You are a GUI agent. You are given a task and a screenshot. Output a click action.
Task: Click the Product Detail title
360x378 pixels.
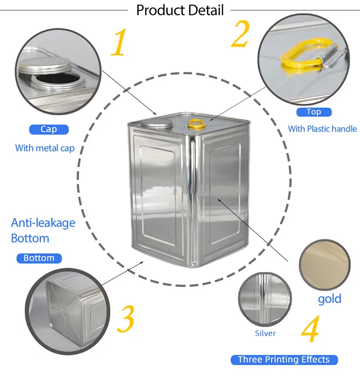pyautogui.click(x=180, y=10)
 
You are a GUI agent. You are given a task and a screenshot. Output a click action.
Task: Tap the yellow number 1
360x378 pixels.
pyautogui.click(x=119, y=42)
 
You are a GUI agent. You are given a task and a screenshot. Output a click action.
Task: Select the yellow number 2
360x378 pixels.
pyautogui.click(x=240, y=34)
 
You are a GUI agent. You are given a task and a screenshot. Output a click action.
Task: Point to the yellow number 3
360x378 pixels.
pyautogui.click(x=126, y=319)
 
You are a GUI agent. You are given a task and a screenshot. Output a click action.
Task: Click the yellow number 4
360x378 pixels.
pyautogui.click(x=311, y=329)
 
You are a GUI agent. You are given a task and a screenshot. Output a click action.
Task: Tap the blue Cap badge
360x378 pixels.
pyautogui.click(x=49, y=130)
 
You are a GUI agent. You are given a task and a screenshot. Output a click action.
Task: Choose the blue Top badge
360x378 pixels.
pyautogui.click(x=314, y=112)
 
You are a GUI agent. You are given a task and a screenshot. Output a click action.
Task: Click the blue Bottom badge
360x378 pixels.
pyautogui.click(x=39, y=258)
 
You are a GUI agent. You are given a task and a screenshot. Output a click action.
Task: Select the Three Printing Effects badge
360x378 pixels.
pyautogui.click(x=284, y=360)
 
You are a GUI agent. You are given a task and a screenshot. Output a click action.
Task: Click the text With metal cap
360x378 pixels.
pyautogui.click(x=45, y=148)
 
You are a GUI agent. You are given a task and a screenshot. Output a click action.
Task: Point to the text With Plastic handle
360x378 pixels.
pyautogui.click(x=323, y=129)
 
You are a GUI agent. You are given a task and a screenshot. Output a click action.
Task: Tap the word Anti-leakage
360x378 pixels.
pyautogui.click(x=43, y=223)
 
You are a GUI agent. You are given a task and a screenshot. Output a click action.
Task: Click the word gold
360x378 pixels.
pyautogui.click(x=330, y=299)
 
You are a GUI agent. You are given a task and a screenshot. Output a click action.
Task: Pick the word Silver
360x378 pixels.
pyautogui.click(x=265, y=333)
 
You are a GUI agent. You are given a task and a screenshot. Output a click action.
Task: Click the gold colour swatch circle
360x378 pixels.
pyautogui.click(x=324, y=265)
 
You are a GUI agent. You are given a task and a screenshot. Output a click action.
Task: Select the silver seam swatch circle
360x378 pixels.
pyautogui.click(x=264, y=299)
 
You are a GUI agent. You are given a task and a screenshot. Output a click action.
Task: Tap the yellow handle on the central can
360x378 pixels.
pyautogui.click(x=197, y=124)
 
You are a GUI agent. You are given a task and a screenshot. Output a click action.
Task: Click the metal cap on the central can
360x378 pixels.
pyautogui.click(x=157, y=124)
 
